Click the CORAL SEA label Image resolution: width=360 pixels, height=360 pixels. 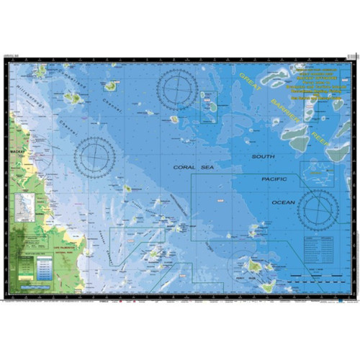[194, 167]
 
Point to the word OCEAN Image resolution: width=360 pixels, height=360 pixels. [283, 203]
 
